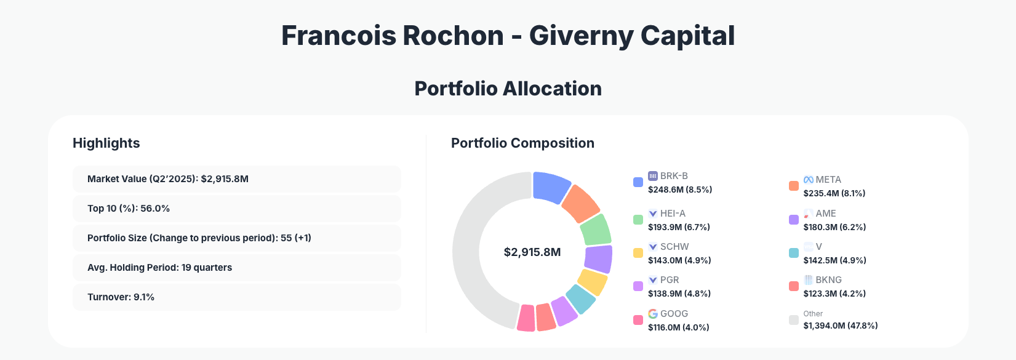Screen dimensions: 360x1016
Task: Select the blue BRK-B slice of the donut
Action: coord(551,186)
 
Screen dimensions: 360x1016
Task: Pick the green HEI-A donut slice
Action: coord(595,230)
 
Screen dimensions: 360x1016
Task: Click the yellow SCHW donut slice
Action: coord(592,282)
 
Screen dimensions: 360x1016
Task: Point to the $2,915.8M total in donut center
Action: coord(532,252)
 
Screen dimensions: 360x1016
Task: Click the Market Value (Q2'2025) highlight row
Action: coord(236,179)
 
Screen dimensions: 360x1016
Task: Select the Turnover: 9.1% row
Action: coord(236,297)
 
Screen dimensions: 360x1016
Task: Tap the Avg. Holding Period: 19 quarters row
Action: coord(236,268)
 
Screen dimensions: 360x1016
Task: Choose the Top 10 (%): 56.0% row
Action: coord(236,209)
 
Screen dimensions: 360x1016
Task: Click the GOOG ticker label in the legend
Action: coord(674,314)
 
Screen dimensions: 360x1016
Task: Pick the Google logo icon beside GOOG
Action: coord(653,314)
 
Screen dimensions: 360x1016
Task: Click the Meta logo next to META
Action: coord(809,180)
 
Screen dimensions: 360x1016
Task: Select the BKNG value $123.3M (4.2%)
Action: coord(834,294)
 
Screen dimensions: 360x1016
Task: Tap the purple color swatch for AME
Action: coord(794,220)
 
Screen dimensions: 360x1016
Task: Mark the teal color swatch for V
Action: coord(794,253)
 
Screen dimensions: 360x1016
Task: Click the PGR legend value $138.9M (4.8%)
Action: coord(679,294)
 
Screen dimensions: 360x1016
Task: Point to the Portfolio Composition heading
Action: coord(522,143)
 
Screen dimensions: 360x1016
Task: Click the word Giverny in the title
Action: coord(581,36)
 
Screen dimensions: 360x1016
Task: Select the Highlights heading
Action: coord(106,143)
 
